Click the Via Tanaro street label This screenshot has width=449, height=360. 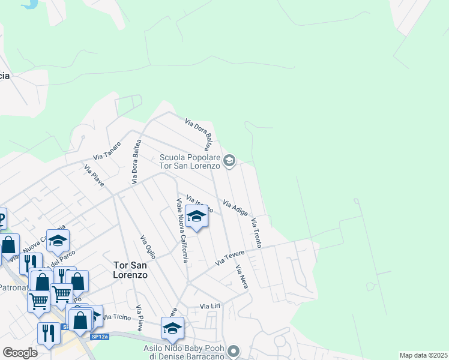[x=107, y=151]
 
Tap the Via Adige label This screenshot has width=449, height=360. [x=235, y=207]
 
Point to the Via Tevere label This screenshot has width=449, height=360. [x=228, y=258]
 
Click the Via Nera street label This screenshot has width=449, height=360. [x=242, y=277]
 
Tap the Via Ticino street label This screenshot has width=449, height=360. [x=116, y=316]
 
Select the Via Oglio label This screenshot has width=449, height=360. [x=148, y=247]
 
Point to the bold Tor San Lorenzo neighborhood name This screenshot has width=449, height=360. [x=130, y=269]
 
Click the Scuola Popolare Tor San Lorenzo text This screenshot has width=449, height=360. [x=190, y=162]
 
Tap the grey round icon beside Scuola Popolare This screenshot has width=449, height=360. [x=229, y=160]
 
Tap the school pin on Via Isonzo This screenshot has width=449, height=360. [x=196, y=217]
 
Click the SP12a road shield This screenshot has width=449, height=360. [x=100, y=337]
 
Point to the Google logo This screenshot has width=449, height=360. [x=20, y=352]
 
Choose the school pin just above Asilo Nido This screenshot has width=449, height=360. [x=172, y=328]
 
